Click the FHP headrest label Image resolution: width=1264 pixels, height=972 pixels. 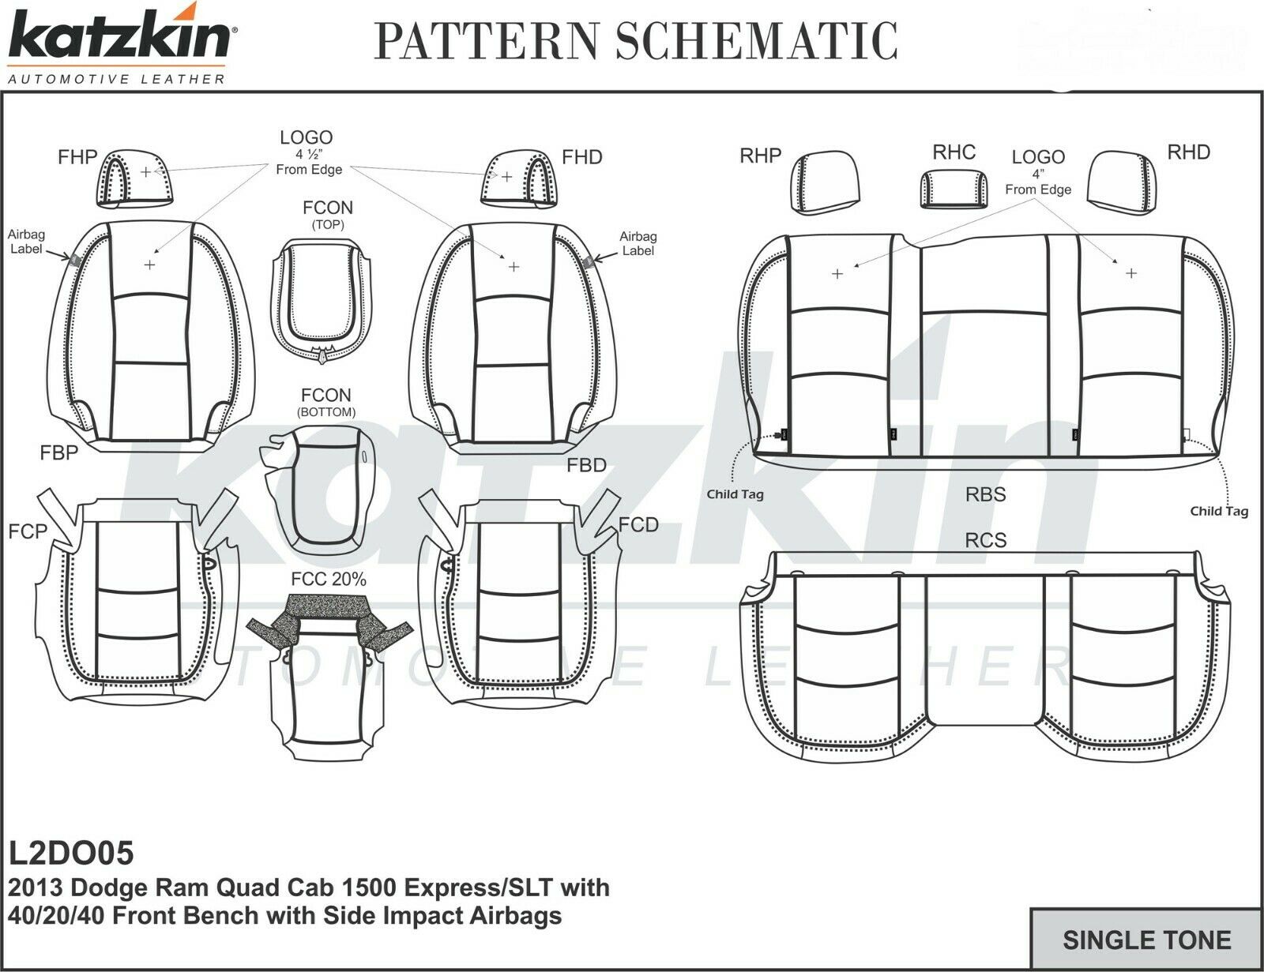(77, 157)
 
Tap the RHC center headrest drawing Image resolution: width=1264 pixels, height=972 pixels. (954, 190)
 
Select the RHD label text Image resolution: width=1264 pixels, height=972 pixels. (1188, 152)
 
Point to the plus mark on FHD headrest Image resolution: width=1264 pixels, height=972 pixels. (506, 176)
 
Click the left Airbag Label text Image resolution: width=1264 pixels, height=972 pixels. (27, 242)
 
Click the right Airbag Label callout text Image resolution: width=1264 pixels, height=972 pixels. (638, 243)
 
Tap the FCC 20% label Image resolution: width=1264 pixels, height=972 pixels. (329, 580)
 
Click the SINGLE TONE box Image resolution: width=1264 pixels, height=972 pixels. (1146, 940)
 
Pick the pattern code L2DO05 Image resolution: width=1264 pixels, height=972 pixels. (71, 853)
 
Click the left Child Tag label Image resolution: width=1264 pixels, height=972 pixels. (735, 494)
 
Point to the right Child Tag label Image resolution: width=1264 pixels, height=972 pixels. (1219, 511)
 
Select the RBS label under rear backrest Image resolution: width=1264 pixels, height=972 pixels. (985, 495)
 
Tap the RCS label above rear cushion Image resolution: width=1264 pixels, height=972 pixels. (985, 540)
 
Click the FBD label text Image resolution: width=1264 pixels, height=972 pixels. (586, 465)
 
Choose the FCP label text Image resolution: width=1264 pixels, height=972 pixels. (28, 531)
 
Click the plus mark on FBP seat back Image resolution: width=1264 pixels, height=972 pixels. (150, 265)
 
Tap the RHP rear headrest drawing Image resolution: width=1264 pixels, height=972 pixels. (824, 183)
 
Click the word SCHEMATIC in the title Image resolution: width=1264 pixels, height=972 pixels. (756, 41)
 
